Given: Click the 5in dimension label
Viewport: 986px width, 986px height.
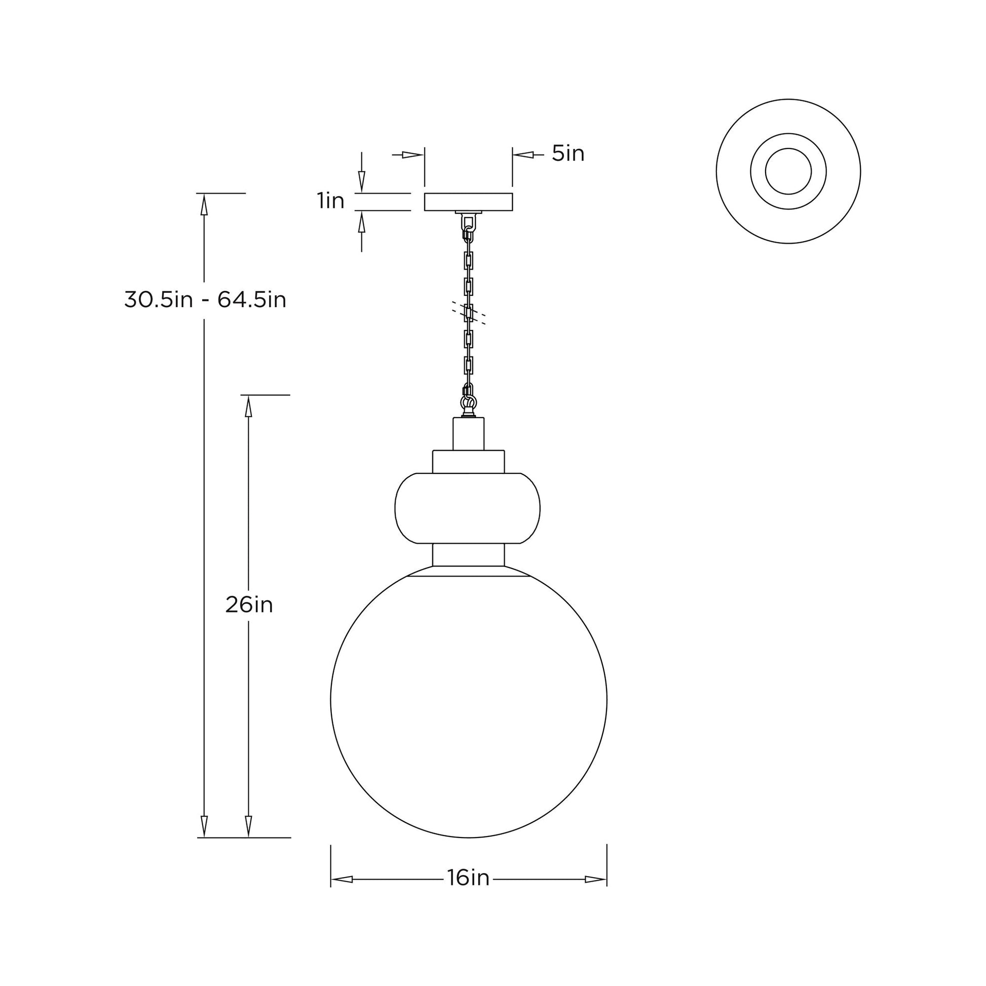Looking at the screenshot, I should click(x=567, y=154).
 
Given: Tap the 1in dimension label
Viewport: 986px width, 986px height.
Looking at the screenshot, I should click(x=331, y=201).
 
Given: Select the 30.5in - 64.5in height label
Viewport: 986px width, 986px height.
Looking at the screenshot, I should click(x=205, y=300).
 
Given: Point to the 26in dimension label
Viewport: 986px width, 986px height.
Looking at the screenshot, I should click(x=249, y=605).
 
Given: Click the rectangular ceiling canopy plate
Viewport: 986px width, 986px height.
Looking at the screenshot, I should click(x=468, y=202).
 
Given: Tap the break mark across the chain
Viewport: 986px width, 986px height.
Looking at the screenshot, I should click(x=469, y=313).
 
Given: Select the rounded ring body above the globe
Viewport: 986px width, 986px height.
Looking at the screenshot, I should click(x=468, y=508).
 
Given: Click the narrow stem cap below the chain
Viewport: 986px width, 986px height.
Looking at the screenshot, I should click(x=469, y=434).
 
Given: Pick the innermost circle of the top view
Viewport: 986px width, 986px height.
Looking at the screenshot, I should click(x=788, y=171).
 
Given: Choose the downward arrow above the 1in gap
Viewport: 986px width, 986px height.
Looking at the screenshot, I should click(x=361, y=181).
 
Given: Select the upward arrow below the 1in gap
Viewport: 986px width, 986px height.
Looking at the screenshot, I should click(x=361, y=223).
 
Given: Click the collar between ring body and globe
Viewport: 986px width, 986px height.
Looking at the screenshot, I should click(x=468, y=555).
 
